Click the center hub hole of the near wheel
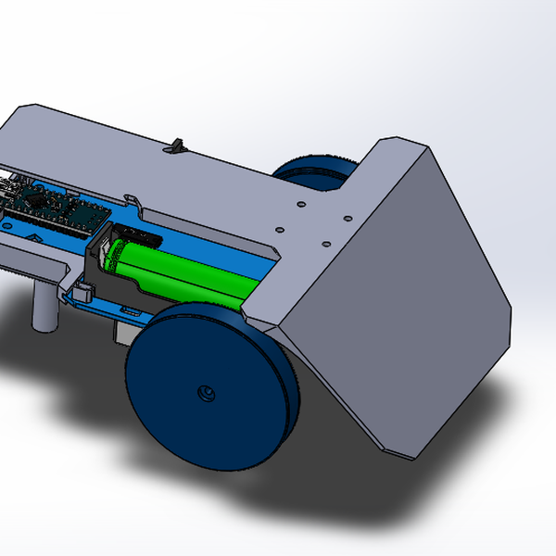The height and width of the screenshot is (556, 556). click(x=207, y=393)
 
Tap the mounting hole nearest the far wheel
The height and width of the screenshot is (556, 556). click(x=300, y=206)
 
